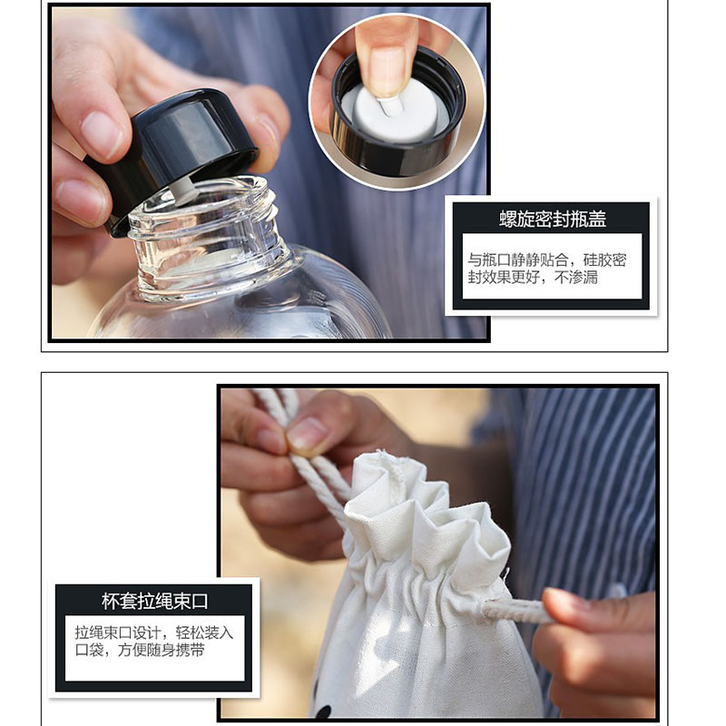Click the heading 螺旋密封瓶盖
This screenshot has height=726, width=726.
(553, 219)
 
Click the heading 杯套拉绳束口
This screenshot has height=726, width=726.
(155, 601)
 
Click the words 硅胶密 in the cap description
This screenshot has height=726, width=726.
(604, 260)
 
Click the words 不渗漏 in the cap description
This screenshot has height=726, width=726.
(576, 278)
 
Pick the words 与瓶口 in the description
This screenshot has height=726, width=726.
(489, 260)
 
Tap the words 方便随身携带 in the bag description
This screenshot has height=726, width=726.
(162, 650)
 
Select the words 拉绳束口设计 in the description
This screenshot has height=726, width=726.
(118, 633)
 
